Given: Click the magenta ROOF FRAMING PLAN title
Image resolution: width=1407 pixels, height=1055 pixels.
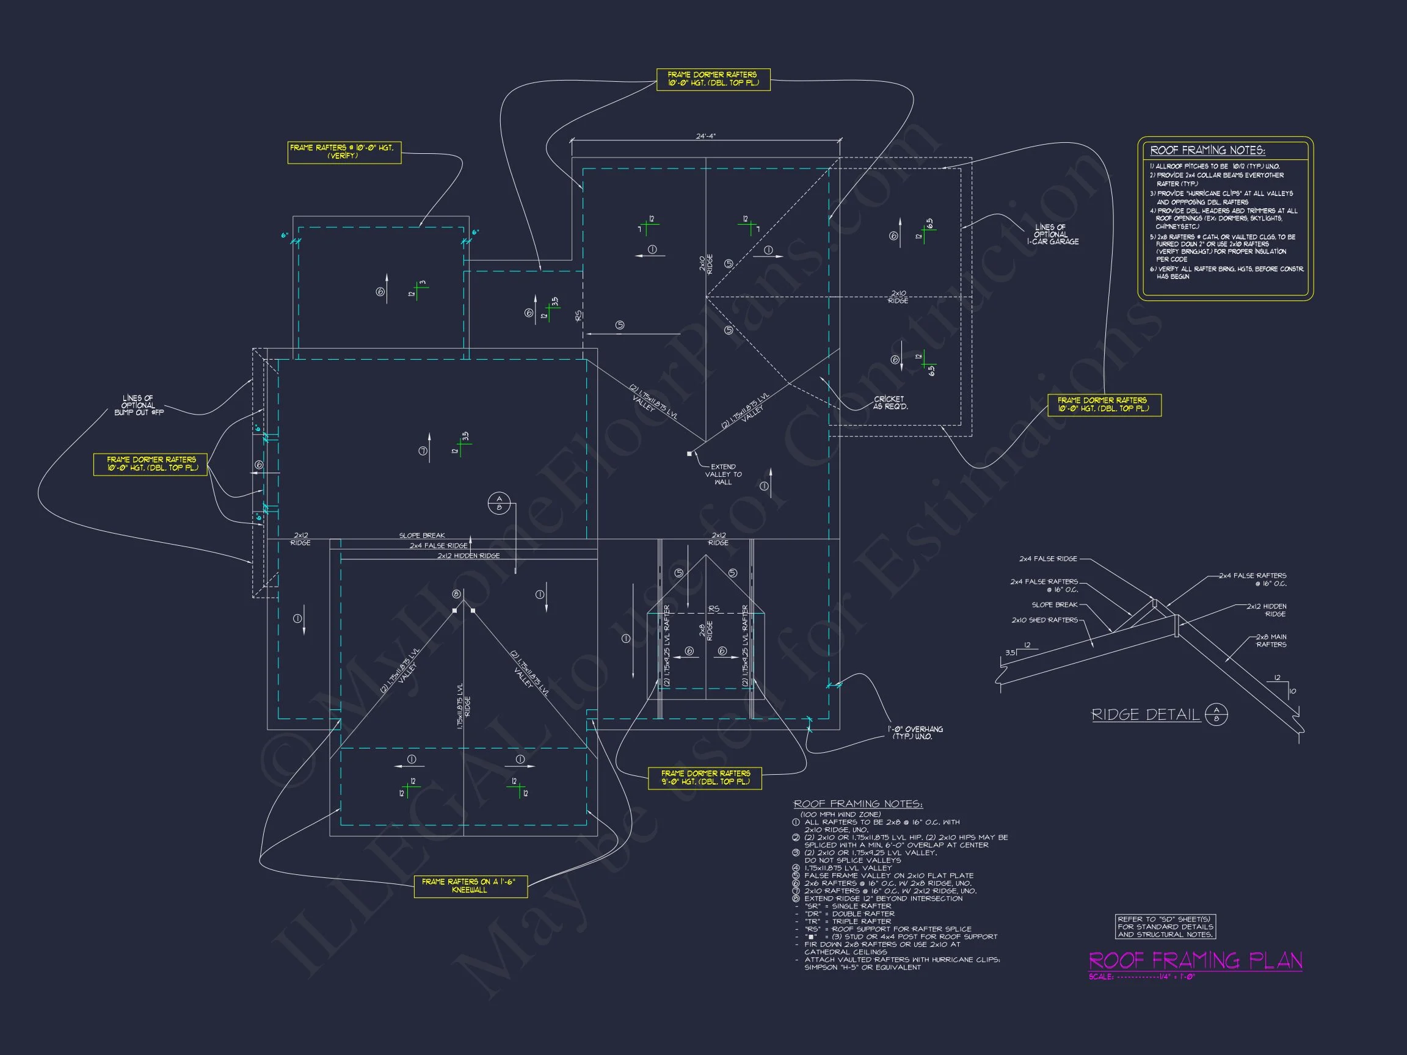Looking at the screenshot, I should [1195, 960].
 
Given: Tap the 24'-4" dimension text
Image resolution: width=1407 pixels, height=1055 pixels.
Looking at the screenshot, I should [705, 136].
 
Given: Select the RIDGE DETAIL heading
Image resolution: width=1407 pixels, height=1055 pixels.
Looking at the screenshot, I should [1146, 715].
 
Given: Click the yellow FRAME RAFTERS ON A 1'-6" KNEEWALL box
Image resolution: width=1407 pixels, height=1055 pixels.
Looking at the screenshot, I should [470, 886].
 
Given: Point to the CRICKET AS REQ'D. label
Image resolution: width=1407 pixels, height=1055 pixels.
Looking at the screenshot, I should [890, 402].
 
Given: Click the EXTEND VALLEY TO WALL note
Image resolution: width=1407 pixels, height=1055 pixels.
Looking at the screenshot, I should [723, 474].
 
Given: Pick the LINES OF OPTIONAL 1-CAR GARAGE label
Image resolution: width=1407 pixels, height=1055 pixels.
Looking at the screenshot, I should [1052, 234].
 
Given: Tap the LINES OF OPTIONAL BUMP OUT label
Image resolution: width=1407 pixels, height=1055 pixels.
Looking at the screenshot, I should [139, 405].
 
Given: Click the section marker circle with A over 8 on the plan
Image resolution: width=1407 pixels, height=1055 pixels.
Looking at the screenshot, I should [499, 503].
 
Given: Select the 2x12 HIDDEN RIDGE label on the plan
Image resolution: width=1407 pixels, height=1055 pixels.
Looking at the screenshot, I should [468, 556].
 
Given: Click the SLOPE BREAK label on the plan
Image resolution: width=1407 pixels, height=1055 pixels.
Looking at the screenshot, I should [422, 535].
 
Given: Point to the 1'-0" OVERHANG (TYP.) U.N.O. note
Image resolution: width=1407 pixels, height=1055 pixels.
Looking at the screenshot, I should [915, 733].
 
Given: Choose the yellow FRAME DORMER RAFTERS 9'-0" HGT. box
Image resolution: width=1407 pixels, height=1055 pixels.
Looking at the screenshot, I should [705, 777].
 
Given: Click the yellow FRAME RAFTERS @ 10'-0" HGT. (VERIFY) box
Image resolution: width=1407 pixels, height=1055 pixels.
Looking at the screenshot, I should [344, 152].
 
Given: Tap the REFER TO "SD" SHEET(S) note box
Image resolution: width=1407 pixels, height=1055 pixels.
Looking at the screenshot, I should [1165, 927].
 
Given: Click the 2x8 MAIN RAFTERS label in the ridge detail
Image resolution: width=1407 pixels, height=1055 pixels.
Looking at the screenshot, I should [1270, 640].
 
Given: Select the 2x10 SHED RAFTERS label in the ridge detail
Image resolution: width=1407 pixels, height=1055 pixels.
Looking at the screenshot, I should [1044, 620].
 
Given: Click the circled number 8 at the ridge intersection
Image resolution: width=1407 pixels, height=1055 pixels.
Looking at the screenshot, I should [456, 594].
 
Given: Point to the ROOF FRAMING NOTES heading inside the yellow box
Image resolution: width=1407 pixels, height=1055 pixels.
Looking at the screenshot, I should [1207, 150].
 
